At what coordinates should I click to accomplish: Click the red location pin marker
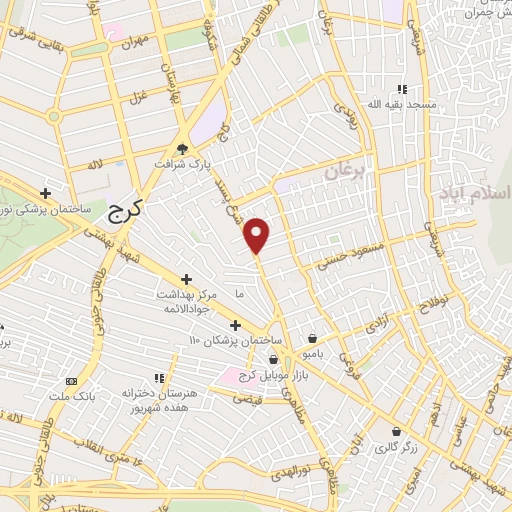point(258,235)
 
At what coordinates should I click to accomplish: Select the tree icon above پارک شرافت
point(183,147)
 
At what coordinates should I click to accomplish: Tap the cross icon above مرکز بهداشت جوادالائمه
point(186,279)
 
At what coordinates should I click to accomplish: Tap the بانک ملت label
point(71,397)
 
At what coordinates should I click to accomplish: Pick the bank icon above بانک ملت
point(71,381)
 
